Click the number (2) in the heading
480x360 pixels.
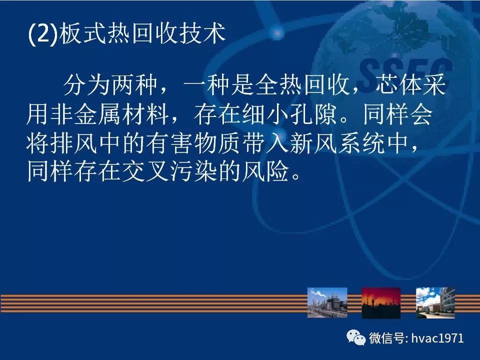42,33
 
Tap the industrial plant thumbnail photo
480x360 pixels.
327,302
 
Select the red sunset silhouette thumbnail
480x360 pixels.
381,303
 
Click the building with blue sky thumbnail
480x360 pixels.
435,302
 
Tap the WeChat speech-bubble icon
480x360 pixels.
355,337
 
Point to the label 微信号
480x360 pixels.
386,338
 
